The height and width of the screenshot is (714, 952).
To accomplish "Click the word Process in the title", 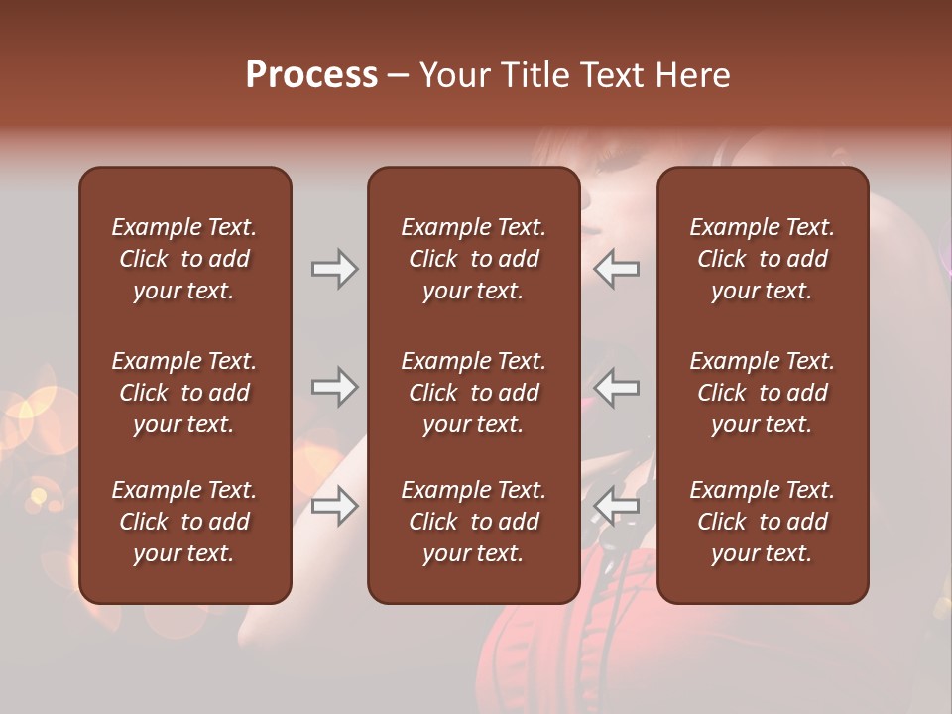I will (311, 75).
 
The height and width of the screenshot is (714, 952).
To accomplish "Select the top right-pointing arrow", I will (334, 269).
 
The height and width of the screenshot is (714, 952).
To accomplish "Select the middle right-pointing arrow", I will (334, 387).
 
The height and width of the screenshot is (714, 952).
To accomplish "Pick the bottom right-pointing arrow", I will (334, 507).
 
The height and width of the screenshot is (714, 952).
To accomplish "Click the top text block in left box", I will (184, 259).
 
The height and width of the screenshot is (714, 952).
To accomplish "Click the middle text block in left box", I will (184, 393).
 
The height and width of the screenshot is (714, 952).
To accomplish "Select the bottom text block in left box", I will (184, 522).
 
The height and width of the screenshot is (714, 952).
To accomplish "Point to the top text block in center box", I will (473, 259).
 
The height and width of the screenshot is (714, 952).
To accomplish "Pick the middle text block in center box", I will (473, 393).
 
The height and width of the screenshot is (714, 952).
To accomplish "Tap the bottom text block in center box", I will (473, 522).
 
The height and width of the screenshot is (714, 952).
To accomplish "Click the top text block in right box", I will (762, 259).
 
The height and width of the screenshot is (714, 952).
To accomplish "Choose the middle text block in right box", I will (762, 393).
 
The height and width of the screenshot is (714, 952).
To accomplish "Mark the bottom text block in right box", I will (762, 522).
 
